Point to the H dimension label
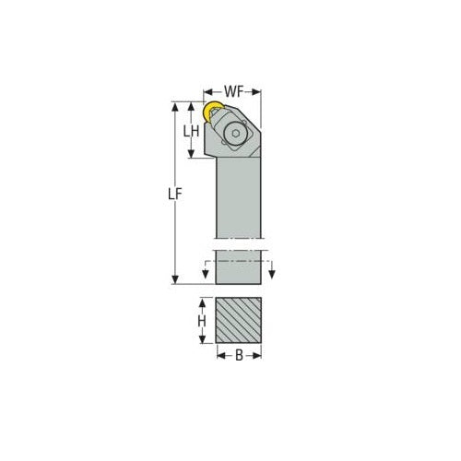click(201, 320)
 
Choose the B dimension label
click(239, 354)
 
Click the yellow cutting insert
click(211, 112)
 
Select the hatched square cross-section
click(239, 319)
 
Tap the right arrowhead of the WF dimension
click(259, 90)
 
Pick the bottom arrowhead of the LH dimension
click(191, 155)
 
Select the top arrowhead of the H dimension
click(201, 301)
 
